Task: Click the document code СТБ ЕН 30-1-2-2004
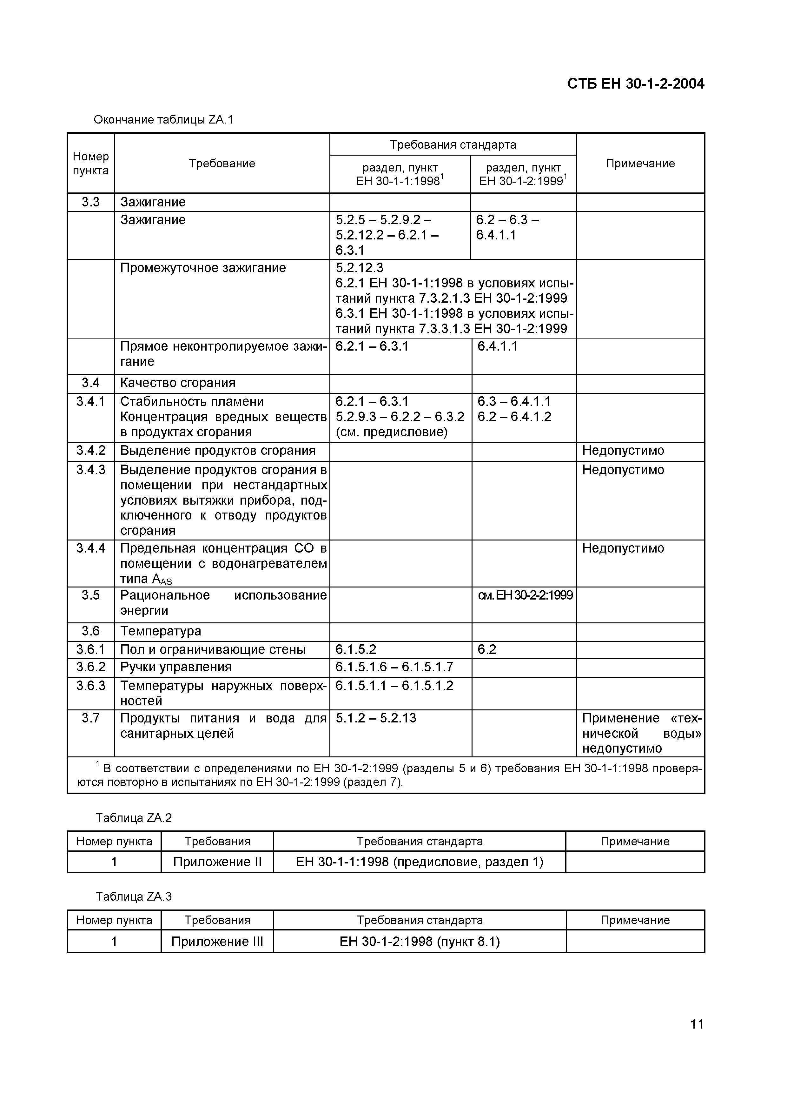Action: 635,84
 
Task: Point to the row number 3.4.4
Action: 91,548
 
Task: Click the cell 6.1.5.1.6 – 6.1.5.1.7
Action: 394,667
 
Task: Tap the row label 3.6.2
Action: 91,667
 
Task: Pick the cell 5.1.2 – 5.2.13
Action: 376,718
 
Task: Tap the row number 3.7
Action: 91,718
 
